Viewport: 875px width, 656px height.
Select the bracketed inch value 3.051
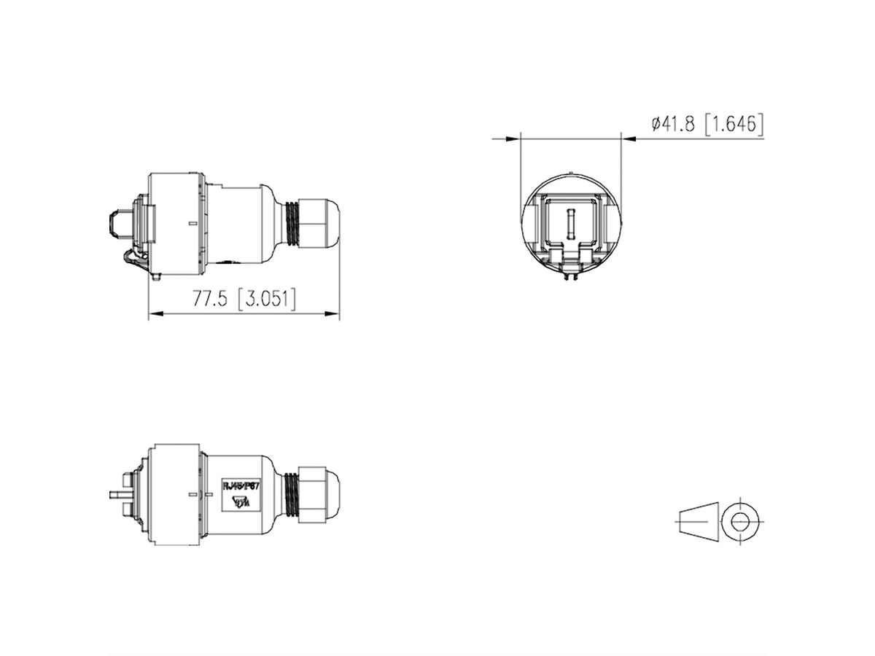pyautogui.click(x=267, y=300)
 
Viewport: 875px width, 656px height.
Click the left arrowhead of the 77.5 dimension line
pyautogui.click(x=154, y=315)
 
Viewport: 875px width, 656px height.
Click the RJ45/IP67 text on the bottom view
pyautogui.click(x=241, y=483)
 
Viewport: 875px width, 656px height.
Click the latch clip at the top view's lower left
pyautogui.click(x=132, y=259)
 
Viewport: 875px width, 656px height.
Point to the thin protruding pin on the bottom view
pyautogui.click(x=117, y=495)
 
